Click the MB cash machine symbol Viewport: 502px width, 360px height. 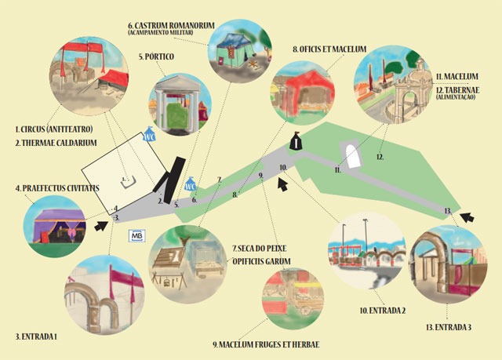(137, 236)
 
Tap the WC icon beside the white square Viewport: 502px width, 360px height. (149, 134)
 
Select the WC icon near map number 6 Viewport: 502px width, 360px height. (191, 184)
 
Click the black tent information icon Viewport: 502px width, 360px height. (296, 141)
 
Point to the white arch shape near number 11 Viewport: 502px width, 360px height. (352, 156)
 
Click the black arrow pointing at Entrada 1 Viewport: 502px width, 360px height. (101, 225)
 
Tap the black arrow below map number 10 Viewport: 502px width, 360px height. (282, 184)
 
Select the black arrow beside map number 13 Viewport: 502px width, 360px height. (467, 217)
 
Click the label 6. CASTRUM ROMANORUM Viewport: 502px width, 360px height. (171, 26)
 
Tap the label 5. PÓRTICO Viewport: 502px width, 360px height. (157, 56)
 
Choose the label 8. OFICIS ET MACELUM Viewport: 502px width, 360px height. (329, 49)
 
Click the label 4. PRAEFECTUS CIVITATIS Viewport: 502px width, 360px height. (57, 187)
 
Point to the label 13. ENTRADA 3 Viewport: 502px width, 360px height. (449, 327)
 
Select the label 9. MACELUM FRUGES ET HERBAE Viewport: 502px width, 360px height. (266, 344)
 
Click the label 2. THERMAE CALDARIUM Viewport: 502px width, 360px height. (56, 143)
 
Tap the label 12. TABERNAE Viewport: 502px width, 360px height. (458, 90)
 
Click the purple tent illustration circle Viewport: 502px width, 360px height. (54, 226)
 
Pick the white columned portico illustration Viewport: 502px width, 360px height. (180, 104)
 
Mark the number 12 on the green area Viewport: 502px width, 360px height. (380, 157)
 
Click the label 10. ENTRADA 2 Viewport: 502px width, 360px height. (383, 311)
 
